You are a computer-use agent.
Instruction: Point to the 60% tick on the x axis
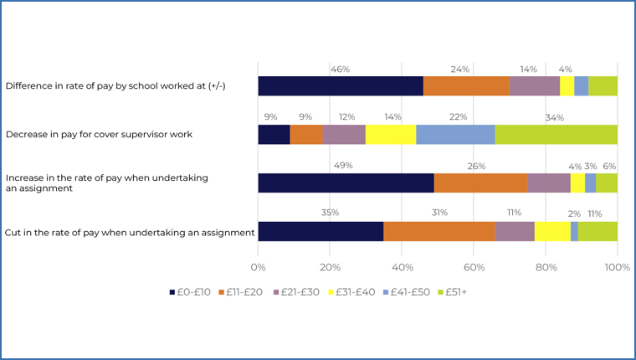[474, 268]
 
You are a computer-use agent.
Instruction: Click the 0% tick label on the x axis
[258, 268]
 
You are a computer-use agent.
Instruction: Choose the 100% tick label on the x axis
[617, 268]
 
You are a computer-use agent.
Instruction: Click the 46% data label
[340, 69]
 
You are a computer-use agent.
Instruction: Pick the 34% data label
[555, 117]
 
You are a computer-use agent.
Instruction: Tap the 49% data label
[343, 166]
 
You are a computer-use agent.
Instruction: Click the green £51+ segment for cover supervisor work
[556, 134]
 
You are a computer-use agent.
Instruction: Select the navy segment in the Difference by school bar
[340, 85]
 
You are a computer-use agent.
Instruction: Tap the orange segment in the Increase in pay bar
[480, 183]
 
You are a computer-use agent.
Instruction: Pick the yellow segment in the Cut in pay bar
[552, 231]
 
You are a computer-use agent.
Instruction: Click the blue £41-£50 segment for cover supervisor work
[455, 134]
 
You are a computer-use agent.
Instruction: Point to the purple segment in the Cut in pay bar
[514, 231]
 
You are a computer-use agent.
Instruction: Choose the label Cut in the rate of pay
[130, 232]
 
